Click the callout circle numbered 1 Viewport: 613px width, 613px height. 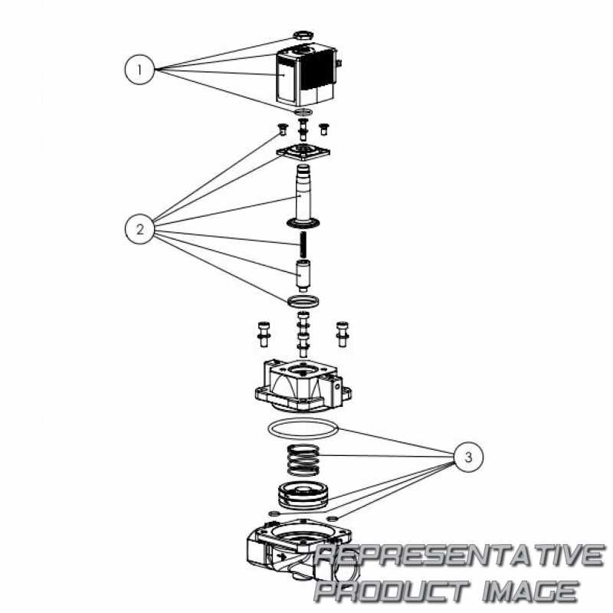tap(139, 70)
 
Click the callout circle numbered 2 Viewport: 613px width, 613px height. tap(140, 229)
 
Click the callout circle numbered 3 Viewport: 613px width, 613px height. tap(468, 457)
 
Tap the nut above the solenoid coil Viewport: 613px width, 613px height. tap(303, 36)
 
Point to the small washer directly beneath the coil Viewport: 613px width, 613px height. tap(303, 112)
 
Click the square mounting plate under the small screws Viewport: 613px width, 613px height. tap(303, 152)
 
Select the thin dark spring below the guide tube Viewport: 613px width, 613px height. tap(303, 244)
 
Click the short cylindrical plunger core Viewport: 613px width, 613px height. tap(302, 275)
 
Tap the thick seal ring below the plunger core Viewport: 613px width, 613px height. tap(303, 301)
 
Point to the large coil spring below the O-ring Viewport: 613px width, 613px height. tap(303, 461)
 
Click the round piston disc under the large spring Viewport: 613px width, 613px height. tap(303, 495)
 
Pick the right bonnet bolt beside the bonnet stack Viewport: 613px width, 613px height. tap(343, 334)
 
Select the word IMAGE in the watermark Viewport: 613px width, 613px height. tap(530, 590)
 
